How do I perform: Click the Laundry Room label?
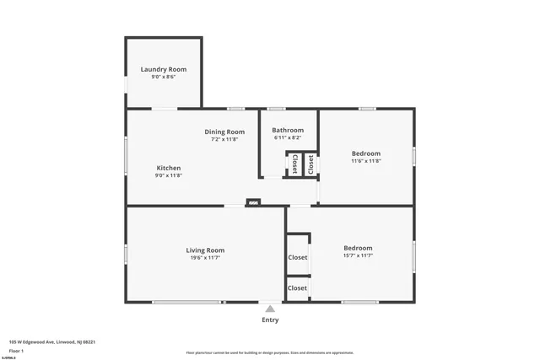click(163, 69)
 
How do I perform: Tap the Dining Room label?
click(224, 132)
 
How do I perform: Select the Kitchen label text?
click(169, 168)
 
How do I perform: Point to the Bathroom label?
click(288, 131)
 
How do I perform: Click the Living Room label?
click(205, 250)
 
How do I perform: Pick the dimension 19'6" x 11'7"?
click(205, 258)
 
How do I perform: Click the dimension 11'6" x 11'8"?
click(366, 161)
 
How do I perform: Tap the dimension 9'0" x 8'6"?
click(163, 77)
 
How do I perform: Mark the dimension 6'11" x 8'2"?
click(288, 138)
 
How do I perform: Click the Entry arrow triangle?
click(270, 309)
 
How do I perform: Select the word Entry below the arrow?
click(270, 320)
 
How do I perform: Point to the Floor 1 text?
click(16, 350)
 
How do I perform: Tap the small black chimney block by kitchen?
click(253, 202)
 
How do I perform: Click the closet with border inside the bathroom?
click(295, 164)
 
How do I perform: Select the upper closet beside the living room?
click(298, 257)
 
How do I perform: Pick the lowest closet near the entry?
click(298, 288)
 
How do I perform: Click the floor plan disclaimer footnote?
click(270, 352)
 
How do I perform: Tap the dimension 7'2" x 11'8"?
click(224, 139)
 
